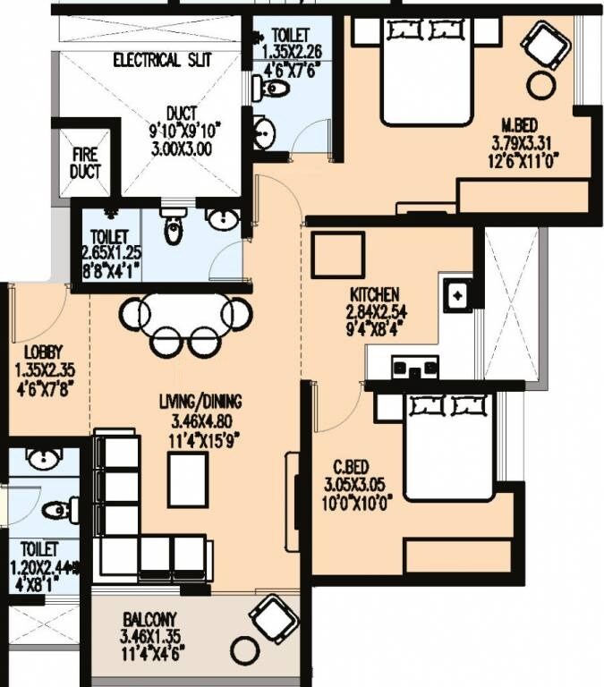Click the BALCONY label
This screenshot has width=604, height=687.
(x=150, y=618)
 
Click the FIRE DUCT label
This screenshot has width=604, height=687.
(x=86, y=163)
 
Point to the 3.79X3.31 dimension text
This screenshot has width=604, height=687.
(x=520, y=142)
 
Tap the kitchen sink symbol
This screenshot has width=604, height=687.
(x=457, y=294)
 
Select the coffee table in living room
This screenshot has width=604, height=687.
(x=188, y=479)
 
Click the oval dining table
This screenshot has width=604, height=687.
(x=186, y=313)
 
